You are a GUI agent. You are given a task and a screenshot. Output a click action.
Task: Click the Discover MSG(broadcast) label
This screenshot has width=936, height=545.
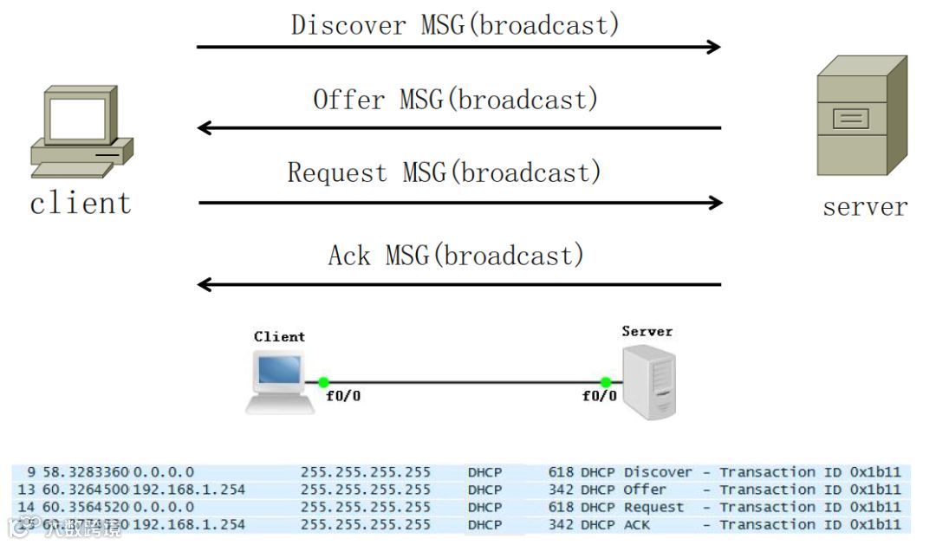coord(456,24)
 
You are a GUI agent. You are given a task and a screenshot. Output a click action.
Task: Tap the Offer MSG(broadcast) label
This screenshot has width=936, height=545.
coord(456,100)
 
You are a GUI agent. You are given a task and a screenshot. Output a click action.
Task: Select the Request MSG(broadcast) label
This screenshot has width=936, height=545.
coord(445,172)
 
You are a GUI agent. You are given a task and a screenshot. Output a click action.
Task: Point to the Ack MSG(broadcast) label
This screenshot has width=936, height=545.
coord(456,255)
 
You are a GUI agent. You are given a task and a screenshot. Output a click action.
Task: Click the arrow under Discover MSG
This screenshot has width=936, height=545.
coord(458,47)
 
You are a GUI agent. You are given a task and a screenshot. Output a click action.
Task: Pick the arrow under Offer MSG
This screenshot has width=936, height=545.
coord(458,128)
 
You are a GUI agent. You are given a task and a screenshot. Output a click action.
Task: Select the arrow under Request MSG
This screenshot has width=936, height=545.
coord(460,203)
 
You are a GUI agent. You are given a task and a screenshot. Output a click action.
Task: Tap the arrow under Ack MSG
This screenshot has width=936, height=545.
coord(458,284)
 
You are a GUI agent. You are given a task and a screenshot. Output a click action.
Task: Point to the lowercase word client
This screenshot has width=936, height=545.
coord(80,204)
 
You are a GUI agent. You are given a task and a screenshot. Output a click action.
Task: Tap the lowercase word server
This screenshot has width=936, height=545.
coord(865,207)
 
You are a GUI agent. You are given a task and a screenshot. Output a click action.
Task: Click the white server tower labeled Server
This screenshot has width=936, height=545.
coord(649,381)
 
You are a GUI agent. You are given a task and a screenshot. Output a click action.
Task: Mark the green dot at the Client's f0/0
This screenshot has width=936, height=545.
coord(323,382)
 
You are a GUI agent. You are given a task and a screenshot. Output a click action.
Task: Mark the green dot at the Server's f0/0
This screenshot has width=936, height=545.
coord(606,382)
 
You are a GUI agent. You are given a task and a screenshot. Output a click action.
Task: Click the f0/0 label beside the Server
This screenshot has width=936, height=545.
coord(600,397)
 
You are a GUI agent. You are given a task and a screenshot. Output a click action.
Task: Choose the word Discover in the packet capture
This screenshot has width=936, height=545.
coord(658,472)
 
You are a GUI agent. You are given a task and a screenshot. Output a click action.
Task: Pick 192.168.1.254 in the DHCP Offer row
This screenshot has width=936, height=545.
coord(189,490)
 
